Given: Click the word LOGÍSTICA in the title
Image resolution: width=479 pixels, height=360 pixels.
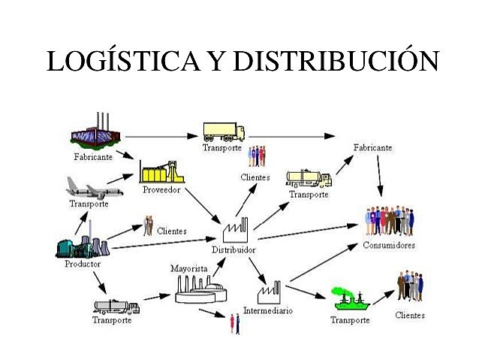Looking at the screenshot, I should tap(122, 62).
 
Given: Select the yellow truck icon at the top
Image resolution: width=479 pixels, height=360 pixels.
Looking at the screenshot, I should tap(224, 132).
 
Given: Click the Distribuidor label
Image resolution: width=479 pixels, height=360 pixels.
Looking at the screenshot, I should tap(233, 250).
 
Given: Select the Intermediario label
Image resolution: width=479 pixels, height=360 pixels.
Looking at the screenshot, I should tap(267, 310).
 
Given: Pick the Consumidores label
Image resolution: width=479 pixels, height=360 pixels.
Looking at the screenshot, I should tap(388, 245).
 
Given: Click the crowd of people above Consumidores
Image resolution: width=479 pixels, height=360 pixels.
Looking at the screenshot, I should tap(389, 221).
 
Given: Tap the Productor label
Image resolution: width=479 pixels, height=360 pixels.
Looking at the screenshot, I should tap(83, 264).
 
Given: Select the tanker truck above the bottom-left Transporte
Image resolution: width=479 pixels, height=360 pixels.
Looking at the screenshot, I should tap(116, 306).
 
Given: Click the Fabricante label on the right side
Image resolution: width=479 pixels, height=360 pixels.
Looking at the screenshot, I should tap(372, 148).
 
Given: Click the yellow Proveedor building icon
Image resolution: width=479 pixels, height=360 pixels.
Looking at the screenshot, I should tap(160, 172).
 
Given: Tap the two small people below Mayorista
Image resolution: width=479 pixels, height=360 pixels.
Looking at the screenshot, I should tap(235, 323).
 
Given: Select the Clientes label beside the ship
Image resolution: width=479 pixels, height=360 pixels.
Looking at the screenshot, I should tap(410, 315).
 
